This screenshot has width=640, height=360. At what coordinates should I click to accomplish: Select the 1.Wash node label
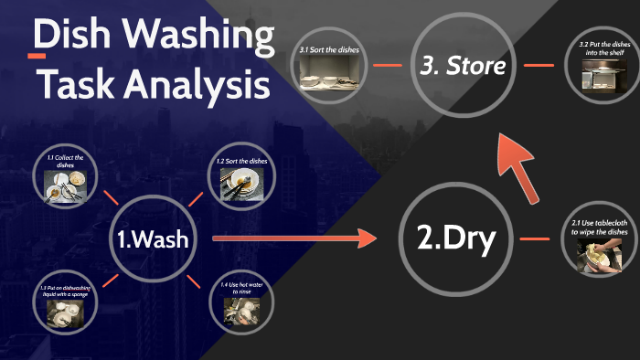coord(154,239)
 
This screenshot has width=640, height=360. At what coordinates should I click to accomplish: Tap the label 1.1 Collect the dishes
coord(66,162)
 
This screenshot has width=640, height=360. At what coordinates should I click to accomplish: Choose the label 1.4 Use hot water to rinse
coord(241,289)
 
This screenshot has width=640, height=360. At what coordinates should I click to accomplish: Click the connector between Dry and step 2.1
coord(533,239)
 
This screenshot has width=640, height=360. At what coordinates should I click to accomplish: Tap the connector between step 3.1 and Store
coord(388,65)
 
